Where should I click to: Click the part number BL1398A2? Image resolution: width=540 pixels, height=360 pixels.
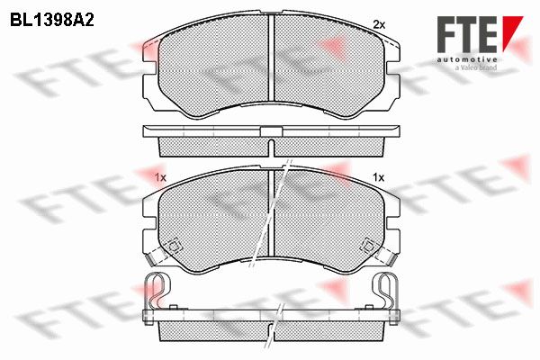[x=52, y=21]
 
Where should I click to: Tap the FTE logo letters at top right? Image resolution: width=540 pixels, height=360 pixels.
[x=467, y=34]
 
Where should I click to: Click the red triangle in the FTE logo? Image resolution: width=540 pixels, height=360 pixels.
[x=512, y=33]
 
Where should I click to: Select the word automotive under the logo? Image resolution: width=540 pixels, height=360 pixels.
[x=467, y=60]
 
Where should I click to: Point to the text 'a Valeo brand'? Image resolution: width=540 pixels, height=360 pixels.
[x=476, y=67]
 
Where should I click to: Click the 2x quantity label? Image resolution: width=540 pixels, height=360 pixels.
[x=379, y=24]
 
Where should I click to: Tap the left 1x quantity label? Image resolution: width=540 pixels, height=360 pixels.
[x=160, y=178]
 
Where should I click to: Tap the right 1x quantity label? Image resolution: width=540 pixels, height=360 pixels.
[x=378, y=178]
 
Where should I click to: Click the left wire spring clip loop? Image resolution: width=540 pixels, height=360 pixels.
[x=157, y=291]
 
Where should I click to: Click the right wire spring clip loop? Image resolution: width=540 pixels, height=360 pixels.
[x=386, y=291]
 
